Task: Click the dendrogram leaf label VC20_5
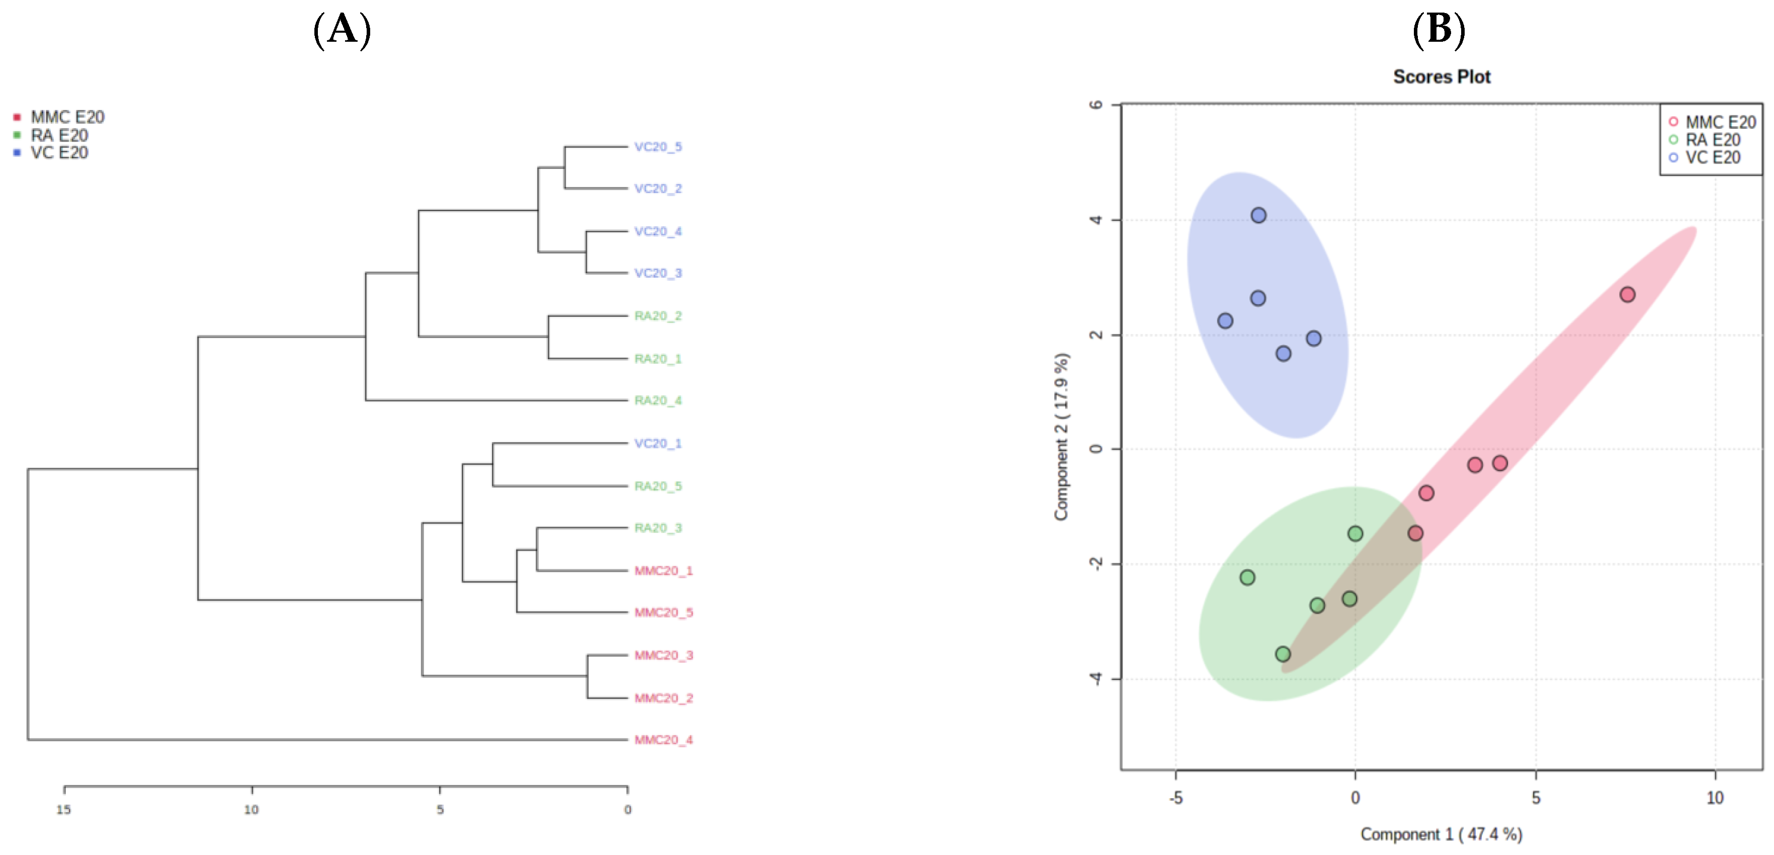[x=658, y=147]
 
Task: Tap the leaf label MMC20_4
[x=663, y=739]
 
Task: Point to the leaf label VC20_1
[x=658, y=443]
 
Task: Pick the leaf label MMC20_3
[x=663, y=655]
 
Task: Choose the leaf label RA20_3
[x=658, y=528]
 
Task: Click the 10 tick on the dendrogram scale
[x=251, y=809]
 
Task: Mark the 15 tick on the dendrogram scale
[x=64, y=809]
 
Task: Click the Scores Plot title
[x=1442, y=76]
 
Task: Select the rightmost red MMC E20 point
[x=1627, y=295]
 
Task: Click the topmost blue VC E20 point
[x=1258, y=215]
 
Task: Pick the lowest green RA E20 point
[x=1282, y=654]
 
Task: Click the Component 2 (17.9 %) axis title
[x=1061, y=437]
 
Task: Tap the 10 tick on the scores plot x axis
[x=1715, y=798]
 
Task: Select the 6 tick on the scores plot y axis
[x=1095, y=105]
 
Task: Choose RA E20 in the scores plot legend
[x=1712, y=140]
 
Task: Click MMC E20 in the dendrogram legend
[x=67, y=117]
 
